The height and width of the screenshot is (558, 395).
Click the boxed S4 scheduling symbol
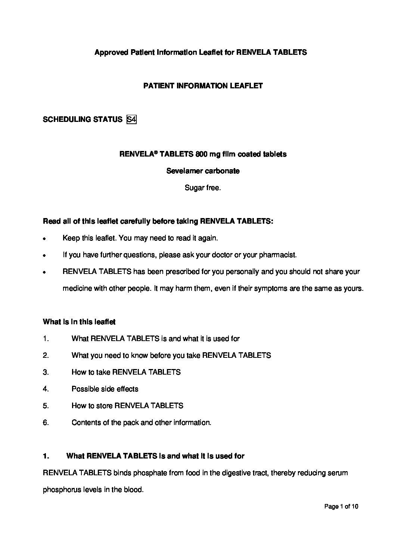pyautogui.click(x=131, y=120)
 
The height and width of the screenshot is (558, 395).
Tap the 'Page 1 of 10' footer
pyautogui.click(x=341, y=507)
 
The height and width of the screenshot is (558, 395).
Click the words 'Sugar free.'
pyautogui.click(x=203, y=188)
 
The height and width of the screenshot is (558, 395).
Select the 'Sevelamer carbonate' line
pyautogui.click(x=203, y=171)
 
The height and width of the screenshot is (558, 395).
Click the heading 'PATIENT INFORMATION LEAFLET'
pyautogui.click(x=203, y=86)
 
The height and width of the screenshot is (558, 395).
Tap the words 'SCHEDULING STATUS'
pyautogui.click(x=83, y=120)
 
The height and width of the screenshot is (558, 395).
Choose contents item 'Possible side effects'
pyautogui.click(x=105, y=389)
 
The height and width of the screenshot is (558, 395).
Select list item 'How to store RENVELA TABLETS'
pyautogui.click(x=127, y=406)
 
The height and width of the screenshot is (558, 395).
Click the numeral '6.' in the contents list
pyautogui.click(x=46, y=423)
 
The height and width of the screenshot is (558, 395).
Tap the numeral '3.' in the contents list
pyautogui.click(x=46, y=372)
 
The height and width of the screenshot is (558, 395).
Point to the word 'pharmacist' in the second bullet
pyautogui.click(x=279, y=255)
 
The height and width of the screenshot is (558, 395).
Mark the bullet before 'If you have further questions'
pyautogui.click(x=44, y=256)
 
